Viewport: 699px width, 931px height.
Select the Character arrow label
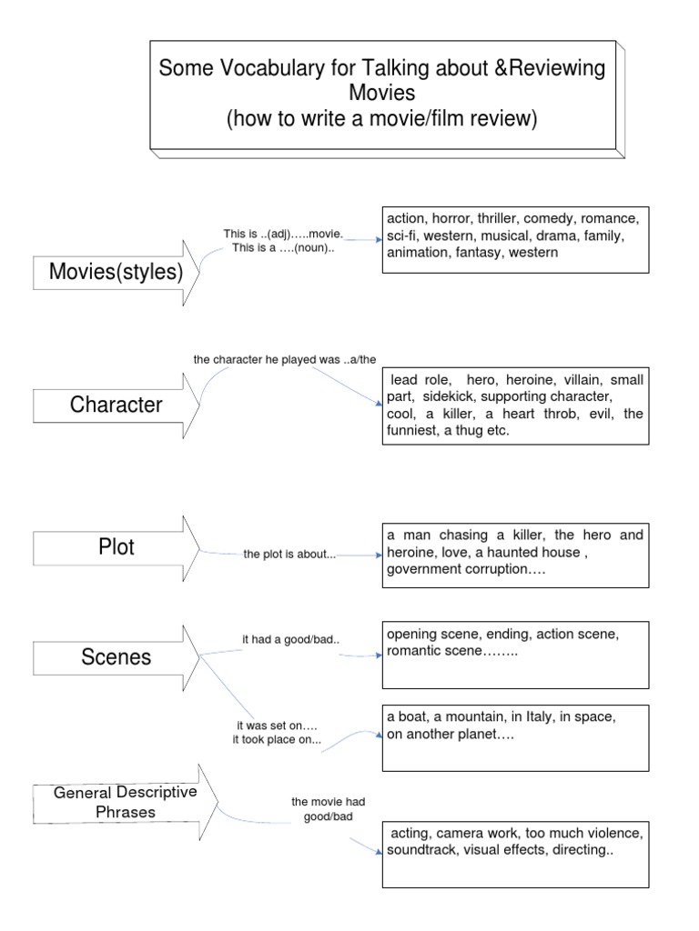(116, 405)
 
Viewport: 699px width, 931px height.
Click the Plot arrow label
(116, 546)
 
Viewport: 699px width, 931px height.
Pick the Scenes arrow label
(116, 656)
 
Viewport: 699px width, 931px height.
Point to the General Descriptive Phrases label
(126, 802)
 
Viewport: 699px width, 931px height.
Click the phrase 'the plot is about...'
(289, 554)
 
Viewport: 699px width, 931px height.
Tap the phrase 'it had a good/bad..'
(290, 640)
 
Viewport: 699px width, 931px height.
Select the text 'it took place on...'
(277, 740)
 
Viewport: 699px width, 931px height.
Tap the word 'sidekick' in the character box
(448, 396)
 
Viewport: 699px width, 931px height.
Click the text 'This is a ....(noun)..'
(284, 247)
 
